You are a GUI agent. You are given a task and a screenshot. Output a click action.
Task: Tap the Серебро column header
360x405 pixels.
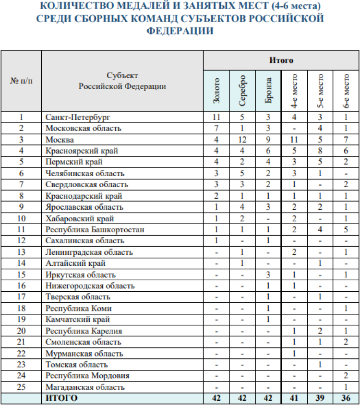pos(242,90)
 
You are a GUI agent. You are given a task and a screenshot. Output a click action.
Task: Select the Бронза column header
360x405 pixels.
pos(269,91)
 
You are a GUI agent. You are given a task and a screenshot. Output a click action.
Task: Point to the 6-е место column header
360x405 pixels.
pos(347,91)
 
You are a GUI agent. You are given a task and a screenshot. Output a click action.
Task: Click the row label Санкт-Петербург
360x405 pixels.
pos(74,117)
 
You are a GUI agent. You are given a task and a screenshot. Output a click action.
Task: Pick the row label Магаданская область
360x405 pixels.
pos(85,387)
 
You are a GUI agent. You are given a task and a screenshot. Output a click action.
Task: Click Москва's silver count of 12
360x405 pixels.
pos(242,140)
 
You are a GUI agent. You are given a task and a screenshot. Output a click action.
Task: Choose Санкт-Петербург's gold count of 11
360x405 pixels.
pos(216,117)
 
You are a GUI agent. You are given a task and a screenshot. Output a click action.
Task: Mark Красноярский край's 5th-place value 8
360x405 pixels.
pos(321,151)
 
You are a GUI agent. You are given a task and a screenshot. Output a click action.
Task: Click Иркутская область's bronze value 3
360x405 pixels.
pos(269,275)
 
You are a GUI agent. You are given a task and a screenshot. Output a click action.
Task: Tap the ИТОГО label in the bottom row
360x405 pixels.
pos(61,398)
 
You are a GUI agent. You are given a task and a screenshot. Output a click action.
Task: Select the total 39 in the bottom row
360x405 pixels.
pos(321,398)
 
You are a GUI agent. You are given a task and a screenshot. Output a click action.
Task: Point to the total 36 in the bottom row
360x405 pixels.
pos(347,398)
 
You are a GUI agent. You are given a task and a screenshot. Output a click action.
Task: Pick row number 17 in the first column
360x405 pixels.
pos(21,297)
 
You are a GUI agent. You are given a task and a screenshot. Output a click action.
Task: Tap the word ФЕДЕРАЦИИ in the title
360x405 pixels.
pos(180,31)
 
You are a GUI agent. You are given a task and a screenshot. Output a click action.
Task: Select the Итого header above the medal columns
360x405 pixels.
pos(281,60)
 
